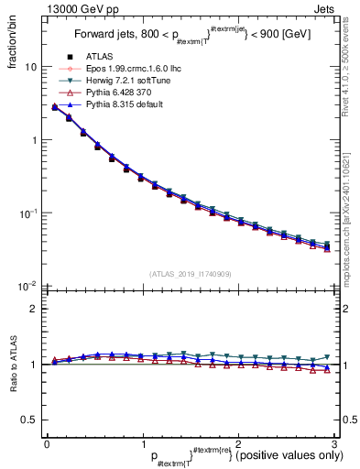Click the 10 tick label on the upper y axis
[30, 68]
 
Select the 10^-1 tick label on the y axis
[27, 213]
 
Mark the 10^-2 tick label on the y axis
[27, 286]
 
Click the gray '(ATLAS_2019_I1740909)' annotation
[190, 274]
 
